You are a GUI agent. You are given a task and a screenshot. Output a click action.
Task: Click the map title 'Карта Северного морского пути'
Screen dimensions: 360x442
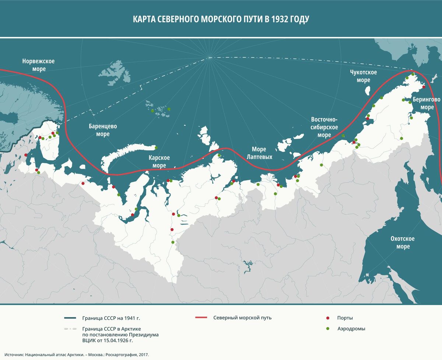(x=221, y=19)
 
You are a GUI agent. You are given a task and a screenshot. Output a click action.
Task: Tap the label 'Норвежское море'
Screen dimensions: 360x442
(x=38, y=65)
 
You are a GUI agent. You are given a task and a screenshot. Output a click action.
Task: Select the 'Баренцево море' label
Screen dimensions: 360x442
(x=103, y=130)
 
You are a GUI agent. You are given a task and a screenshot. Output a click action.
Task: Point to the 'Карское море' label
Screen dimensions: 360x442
(x=159, y=162)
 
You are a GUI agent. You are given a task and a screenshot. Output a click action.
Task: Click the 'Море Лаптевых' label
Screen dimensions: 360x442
(x=262, y=153)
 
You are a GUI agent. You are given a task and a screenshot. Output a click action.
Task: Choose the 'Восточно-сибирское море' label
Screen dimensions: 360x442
(x=324, y=127)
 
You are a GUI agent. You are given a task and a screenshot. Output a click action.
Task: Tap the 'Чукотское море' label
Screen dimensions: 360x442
(x=363, y=76)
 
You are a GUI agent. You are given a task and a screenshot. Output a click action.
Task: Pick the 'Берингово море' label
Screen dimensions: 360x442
(x=426, y=103)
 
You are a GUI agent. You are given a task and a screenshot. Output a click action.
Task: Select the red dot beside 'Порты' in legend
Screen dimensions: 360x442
(x=327, y=318)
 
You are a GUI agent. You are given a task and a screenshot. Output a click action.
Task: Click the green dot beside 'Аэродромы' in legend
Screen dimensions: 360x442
(x=327, y=329)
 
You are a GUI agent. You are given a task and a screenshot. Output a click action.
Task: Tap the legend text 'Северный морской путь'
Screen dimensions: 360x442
(x=242, y=318)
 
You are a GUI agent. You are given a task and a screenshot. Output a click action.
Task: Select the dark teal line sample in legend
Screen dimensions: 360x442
(x=70, y=318)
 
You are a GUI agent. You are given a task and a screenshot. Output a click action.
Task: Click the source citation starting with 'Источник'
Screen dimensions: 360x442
(x=77, y=353)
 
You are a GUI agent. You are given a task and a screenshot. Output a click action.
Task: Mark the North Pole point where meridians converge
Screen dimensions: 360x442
(x=209, y=57)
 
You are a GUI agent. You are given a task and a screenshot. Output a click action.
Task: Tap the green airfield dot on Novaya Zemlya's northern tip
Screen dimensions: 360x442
(x=156, y=148)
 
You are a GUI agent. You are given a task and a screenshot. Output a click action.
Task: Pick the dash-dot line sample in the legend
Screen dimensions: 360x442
(x=70, y=328)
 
